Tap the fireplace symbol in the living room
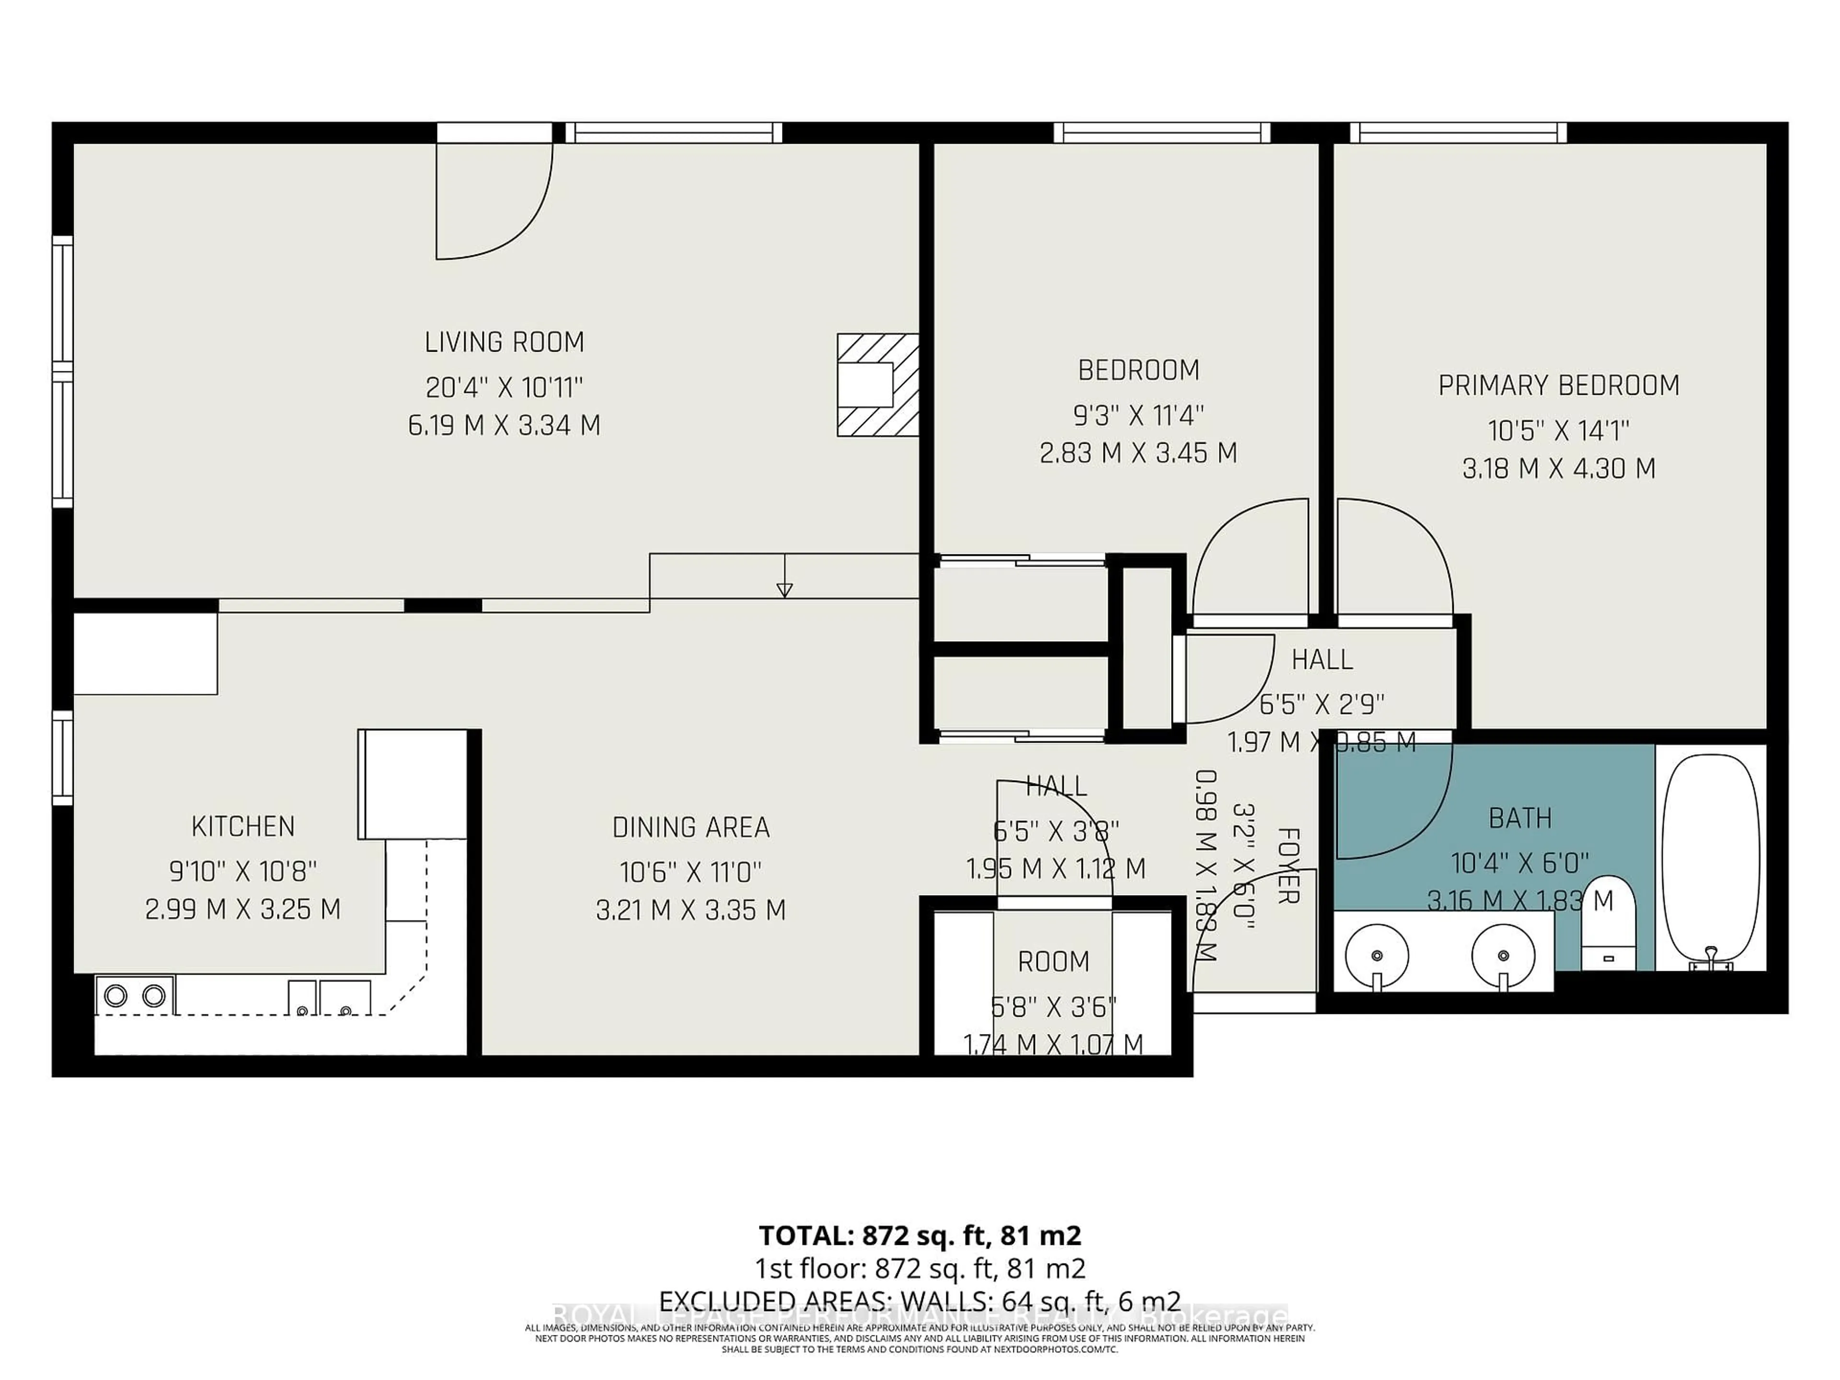pos(877,385)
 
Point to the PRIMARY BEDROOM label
pos(1558,386)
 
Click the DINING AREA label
pos(690,828)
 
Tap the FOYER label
pos(1287,865)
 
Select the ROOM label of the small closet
pos(1053,962)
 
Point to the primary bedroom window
pos(1457,132)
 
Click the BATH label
pos(1520,818)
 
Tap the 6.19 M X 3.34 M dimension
pos(504,426)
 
